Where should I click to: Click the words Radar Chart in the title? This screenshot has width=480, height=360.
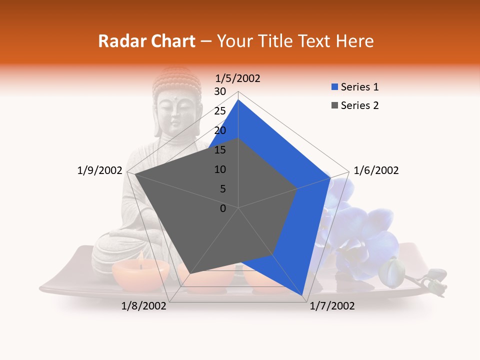(x=146, y=41)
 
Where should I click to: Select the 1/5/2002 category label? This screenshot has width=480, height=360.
(x=237, y=78)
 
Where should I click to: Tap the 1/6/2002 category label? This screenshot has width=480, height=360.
(x=376, y=170)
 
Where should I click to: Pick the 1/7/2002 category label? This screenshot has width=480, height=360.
(x=332, y=306)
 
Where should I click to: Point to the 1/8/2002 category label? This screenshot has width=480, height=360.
(x=144, y=306)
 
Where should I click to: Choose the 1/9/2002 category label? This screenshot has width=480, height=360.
(x=100, y=170)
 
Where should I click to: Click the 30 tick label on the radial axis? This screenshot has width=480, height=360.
(x=220, y=91)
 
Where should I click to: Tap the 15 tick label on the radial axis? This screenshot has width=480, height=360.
(x=220, y=150)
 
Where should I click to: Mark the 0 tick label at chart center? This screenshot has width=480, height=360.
(x=223, y=208)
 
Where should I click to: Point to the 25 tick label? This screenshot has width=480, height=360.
(x=220, y=111)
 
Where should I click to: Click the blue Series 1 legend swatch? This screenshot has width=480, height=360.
(x=335, y=87)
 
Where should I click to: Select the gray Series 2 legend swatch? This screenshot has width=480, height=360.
(x=335, y=105)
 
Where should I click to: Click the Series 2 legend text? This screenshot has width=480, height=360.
(x=359, y=105)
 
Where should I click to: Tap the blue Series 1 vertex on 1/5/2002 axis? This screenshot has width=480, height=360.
(x=238, y=100)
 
